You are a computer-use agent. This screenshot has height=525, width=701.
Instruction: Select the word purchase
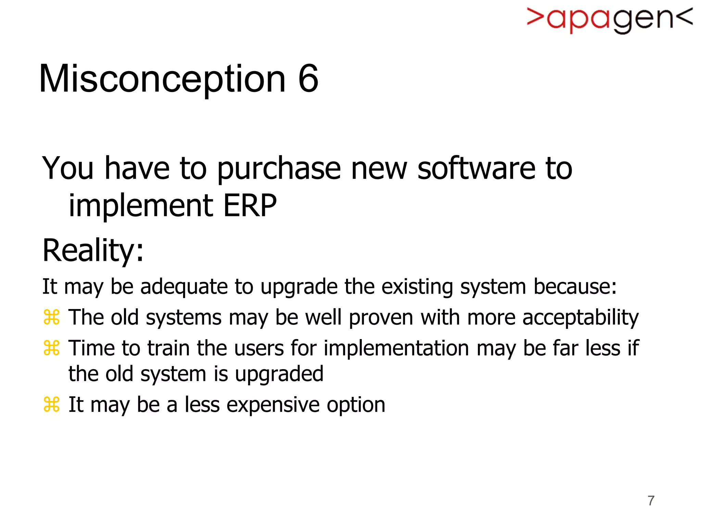pyautogui.click(x=279, y=169)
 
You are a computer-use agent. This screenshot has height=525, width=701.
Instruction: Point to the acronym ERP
pyautogui.click(x=250, y=205)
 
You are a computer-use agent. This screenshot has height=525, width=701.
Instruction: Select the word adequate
pyautogui.click(x=184, y=286)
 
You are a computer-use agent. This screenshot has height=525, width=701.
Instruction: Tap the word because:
pyautogui.click(x=575, y=286)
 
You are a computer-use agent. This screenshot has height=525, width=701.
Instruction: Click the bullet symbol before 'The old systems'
pyautogui.click(x=52, y=317)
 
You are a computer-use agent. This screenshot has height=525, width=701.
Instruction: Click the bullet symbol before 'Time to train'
pyautogui.click(x=52, y=348)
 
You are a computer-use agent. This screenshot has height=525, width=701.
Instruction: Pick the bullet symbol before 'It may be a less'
pyautogui.click(x=52, y=404)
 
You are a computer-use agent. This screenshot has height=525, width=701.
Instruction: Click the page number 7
pyautogui.click(x=651, y=501)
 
